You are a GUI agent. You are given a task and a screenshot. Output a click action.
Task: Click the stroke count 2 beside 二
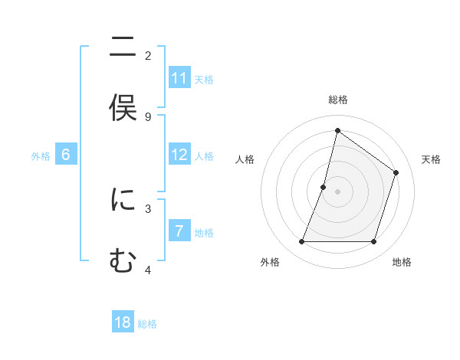148,55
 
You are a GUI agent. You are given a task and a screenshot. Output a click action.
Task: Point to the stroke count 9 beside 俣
148,116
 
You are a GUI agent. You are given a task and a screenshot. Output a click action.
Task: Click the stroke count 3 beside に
148,208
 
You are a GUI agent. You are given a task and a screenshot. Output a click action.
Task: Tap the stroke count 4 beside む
148,270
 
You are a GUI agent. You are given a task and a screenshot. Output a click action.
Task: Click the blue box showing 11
179,78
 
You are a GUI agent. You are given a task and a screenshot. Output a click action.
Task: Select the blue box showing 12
179,155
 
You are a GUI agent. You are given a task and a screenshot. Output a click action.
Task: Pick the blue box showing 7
179,231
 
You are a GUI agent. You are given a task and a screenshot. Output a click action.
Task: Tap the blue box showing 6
66,155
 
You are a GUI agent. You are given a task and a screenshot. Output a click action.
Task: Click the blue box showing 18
123,322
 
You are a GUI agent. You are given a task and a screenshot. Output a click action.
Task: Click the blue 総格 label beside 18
147,324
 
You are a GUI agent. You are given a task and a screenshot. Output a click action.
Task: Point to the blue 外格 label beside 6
41,156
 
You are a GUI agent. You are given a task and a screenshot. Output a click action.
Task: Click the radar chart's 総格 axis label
337,100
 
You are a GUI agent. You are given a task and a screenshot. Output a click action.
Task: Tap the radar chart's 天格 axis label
431,159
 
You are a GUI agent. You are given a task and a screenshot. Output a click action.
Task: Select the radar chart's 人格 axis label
245,159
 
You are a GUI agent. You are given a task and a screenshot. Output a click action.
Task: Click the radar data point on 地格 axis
373,242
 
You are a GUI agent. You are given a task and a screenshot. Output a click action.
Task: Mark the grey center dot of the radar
337,191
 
